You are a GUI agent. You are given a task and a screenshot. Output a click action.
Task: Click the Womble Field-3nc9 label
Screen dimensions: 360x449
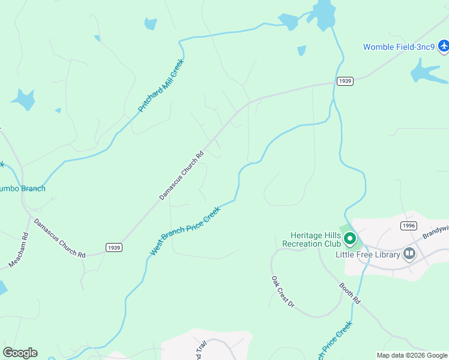(399, 47)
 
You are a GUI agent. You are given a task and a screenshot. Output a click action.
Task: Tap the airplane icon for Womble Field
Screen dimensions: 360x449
(444, 46)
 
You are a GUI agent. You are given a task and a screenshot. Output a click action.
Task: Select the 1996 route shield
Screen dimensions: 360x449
(408, 225)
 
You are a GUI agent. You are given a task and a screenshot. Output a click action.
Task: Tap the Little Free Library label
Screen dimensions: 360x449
(367, 254)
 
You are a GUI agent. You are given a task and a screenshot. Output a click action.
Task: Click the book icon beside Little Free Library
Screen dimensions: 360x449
(409, 253)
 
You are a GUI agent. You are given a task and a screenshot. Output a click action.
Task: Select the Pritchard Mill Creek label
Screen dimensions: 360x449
(161, 85)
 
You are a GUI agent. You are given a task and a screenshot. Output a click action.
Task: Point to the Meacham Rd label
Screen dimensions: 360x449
(19, 250)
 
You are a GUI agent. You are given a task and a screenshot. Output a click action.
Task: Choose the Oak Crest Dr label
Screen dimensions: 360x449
(282, 292)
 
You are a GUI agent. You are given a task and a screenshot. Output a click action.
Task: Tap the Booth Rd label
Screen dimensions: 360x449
(349, 293)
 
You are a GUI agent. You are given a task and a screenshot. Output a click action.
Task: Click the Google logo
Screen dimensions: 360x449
(20, 353)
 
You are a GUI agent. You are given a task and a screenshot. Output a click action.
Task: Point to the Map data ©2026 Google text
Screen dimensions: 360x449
(412, 355)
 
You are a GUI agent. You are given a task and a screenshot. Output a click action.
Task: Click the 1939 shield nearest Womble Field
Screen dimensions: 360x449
(345, 81)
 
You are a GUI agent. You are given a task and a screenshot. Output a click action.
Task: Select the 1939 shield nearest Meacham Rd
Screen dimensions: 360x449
(113, 247)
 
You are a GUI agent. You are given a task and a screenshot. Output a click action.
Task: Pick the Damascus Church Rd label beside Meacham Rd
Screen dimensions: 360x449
(59, 238)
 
